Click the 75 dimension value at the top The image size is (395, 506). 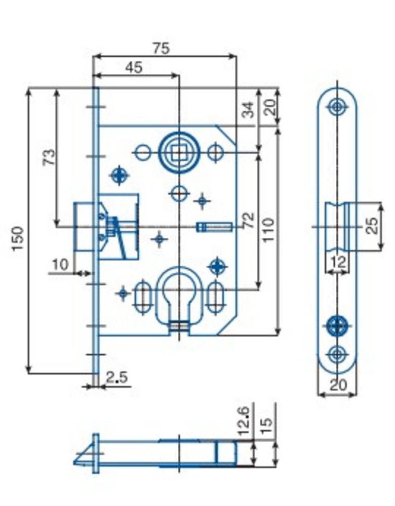coord(161,49)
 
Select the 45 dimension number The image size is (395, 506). coord(134,67)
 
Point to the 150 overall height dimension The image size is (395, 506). coord(18,238)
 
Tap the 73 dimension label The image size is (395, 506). coord(49,157)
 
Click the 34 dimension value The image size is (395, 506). coord(248,109)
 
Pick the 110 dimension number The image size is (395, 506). coord(268,230)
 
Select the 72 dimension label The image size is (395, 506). coord(249,221)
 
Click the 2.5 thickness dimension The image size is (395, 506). coord(117,377)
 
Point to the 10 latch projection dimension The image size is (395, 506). coord(60,265)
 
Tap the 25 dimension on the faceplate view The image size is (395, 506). coord(372,226)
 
